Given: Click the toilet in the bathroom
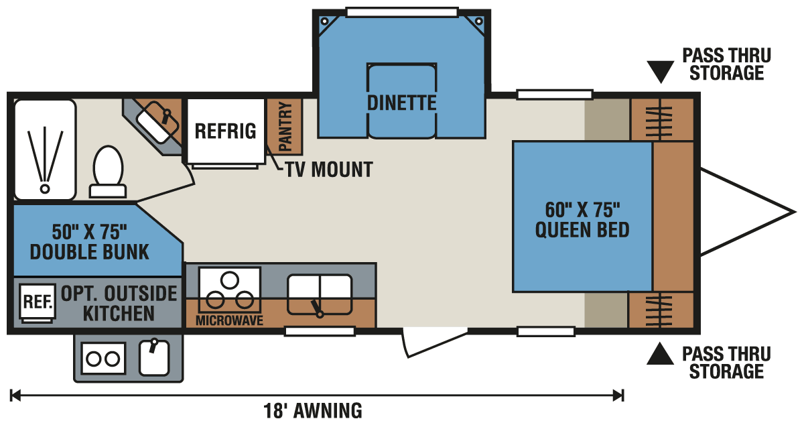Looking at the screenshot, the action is pyautogui.click(x=108, y=172).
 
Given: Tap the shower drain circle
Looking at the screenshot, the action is pyautogui.click(x=44, y=188).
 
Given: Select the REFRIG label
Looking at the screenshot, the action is pyautogui.click(x=225, y=131).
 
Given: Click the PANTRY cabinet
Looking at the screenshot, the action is pyautogui.click(x=285, y=127).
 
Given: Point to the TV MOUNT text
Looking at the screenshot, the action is pyautogui.click(x=329, y=170).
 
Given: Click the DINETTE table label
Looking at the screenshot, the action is pyautogui.click(x=401, y=103).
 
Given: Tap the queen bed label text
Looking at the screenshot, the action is pyautogui.click(x=582, y=220).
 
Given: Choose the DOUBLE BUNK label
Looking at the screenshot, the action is pyautogui.click(x=89, y=252).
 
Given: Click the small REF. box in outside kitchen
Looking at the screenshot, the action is pyautogui.click(x=38, y=302).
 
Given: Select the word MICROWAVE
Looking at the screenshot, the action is pyautogui.click(x=229, y=320).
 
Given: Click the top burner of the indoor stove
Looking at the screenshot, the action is pyautogui.click(x=230, y=280).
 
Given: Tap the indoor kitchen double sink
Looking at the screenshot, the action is pyautogui.click(x=320, y=294).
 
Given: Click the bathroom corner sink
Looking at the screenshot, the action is pyautogui.click(x=157, y=122).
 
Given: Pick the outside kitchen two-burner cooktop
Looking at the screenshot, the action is pyautogui.click(x=103, y=359).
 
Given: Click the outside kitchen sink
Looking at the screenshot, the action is pyautogui.click(x=154, y=358).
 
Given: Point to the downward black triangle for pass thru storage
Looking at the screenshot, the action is pyautogui.click(x=661, y=71).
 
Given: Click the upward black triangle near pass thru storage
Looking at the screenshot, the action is pyautogui.click(x=660, y=354).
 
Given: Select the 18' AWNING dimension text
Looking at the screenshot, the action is pyautogui.click(x=313, y=411).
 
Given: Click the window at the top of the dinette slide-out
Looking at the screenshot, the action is pyautogui.click(x=403, y=13).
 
